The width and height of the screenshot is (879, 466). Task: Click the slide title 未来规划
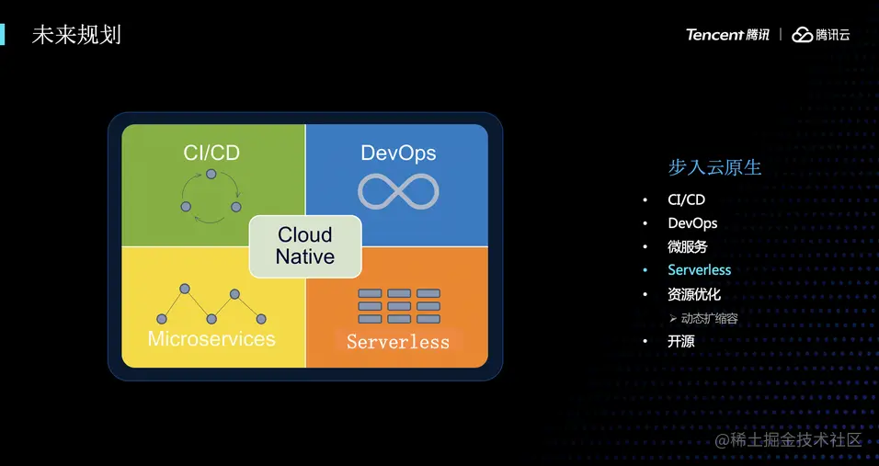76,35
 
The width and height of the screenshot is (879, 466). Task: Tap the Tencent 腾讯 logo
727,35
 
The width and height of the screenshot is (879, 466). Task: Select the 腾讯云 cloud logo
821,35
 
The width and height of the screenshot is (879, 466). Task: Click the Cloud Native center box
306,245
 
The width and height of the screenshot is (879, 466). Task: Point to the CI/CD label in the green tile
211,153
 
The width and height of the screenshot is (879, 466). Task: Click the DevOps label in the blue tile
398,153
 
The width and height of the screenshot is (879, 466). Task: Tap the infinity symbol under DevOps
398,191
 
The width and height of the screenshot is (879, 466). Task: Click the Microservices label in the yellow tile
211,338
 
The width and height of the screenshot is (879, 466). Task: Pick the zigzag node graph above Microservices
211,304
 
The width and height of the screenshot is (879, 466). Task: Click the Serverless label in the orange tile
398,342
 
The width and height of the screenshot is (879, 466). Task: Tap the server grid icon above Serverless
398,306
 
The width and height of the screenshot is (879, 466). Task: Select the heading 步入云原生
714,167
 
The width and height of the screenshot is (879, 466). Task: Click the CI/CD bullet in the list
687,199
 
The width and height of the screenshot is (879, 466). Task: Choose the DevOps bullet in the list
692,223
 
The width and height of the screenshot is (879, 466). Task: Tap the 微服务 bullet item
688,247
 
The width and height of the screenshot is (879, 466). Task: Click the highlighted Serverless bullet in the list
700,270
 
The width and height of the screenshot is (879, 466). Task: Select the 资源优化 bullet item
694,295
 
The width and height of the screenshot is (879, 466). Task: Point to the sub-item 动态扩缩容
709,319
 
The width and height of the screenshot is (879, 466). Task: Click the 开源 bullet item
681,341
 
